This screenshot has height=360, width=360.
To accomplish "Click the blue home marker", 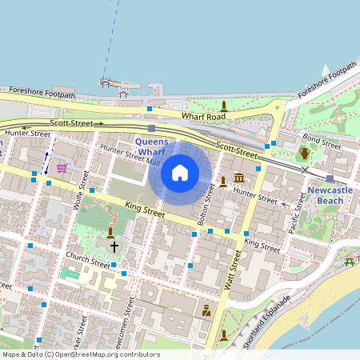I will tap(180, 173).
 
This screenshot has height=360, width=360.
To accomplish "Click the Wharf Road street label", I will tap(204, 117).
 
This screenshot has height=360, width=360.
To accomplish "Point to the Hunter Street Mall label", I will tap(127, 154).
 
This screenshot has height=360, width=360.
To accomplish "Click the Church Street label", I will tap(88, 262).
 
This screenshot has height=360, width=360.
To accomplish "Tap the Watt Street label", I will tap(232, 270).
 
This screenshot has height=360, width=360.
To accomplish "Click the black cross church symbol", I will tap(114, 247).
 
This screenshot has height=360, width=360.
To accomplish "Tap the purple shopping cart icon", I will tap(62, 168).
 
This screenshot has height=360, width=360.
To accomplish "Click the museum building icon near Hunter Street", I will tap(239, 177).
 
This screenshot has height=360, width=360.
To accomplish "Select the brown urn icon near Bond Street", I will tap(304, 154).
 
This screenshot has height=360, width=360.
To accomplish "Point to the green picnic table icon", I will tap(350, 262).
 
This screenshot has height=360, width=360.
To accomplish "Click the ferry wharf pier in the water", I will tap(113, 83).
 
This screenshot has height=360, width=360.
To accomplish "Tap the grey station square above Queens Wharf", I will tap(151, 128).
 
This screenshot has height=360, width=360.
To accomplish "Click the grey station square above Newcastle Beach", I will tap(330, 178).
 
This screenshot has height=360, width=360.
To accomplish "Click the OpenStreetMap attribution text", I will tap(81, 354).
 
